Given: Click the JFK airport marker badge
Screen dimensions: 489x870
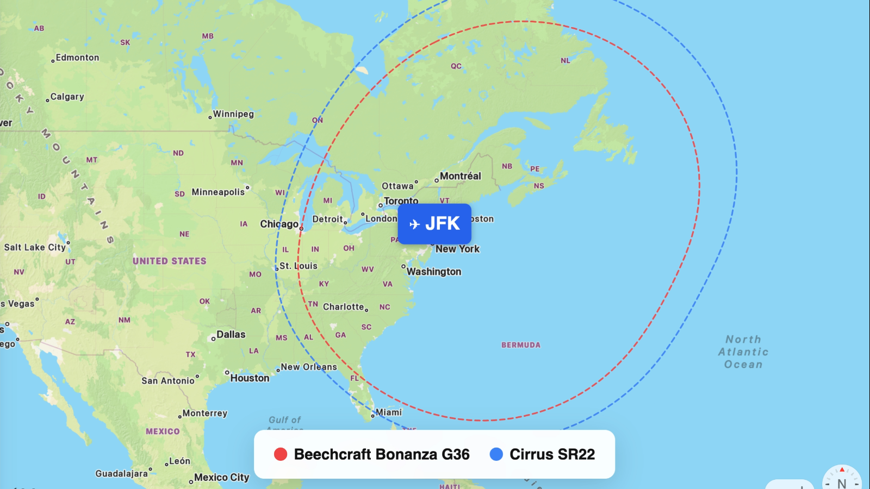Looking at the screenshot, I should click(434, 224).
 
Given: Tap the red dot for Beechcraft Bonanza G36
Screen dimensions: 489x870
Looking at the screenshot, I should click(281, 454).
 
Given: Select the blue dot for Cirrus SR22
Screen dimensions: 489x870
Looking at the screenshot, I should click(496, 454).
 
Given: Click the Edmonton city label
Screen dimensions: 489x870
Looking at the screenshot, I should click(77, 58).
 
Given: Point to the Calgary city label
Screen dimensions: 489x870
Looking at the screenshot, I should click(67, 97).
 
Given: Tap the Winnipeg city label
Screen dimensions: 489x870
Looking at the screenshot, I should click(233, 114).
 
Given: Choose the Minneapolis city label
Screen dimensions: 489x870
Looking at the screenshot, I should click(218, 192).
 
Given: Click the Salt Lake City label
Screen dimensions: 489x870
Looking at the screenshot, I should click(35, 247).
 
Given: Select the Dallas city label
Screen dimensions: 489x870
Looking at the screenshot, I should click(231, 335).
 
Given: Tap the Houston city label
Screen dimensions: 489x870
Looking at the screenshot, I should click(250, 378).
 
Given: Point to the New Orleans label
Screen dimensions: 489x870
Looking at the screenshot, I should click(308, 367).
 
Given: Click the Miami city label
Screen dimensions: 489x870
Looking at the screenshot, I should click(389, 412).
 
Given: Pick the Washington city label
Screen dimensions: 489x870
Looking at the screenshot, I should click(434, 272).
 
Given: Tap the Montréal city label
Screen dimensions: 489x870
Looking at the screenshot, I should click(460, 176).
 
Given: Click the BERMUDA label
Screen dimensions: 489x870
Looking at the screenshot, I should click(521, 345).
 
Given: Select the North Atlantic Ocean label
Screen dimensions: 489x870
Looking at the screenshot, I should click(743, 352).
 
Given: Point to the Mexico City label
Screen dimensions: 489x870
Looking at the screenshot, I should click(221, 478).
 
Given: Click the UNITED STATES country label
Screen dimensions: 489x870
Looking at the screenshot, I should click(170, 261).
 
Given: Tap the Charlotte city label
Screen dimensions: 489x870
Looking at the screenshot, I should click(343, 307).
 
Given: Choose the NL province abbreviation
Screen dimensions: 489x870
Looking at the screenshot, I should click(565, 61).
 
